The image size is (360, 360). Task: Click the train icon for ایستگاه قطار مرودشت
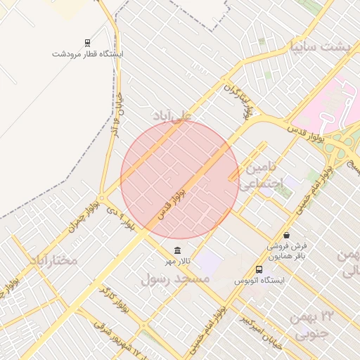[87, 42]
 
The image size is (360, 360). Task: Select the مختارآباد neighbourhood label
[53, 260]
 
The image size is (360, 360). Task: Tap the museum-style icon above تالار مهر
[176, 251]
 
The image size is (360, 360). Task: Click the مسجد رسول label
[176, 279]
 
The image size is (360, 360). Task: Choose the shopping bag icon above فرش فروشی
[286, 235]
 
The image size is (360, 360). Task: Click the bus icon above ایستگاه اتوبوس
[259, 269]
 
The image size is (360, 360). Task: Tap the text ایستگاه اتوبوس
[260, 281]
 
